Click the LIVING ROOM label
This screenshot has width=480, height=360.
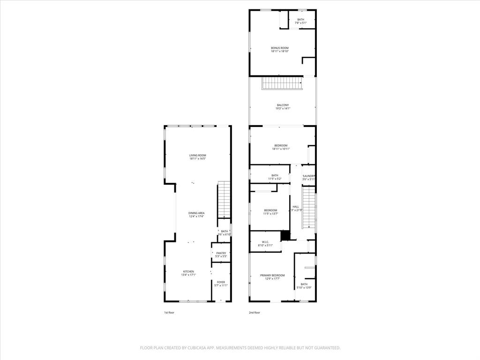pos(197,155)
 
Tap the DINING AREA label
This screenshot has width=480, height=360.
pos(197,213)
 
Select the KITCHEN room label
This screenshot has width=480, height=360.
pos(188,271)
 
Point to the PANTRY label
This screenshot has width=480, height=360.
pos(221,253)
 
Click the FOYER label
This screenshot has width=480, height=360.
pos(221,282)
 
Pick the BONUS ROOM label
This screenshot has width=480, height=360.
pos(279,48)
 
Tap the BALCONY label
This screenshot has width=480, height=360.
pos(283,105)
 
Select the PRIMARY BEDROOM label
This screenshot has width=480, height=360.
pos(272,275)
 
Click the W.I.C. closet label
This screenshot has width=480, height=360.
pos(265,242)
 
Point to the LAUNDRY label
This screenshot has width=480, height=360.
pos(309,176)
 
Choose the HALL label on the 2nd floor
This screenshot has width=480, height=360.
pos(296,207)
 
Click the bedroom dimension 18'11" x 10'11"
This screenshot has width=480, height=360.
pos(281,149)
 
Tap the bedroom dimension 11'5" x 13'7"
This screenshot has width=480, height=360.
pos(271,213)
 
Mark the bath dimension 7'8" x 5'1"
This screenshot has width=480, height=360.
pos(300,23)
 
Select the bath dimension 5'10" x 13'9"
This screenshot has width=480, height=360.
pos(304,287)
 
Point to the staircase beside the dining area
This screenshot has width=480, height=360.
pos(224,200)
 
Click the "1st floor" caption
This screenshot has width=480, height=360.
pos(169,312)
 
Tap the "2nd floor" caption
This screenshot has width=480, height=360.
pos(254,312)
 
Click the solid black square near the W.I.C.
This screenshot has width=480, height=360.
pos(285,235)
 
